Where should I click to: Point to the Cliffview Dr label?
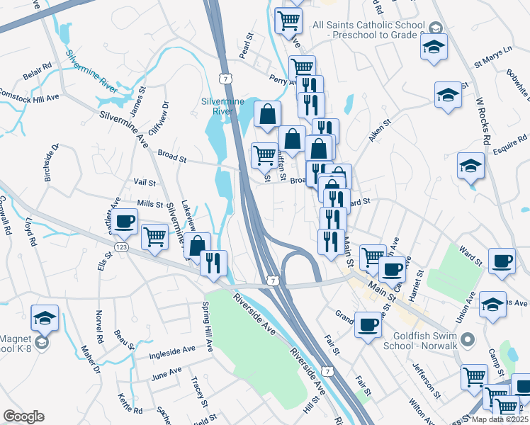[x=166, y=113]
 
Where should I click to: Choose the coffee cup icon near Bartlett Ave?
[x=125, y=222]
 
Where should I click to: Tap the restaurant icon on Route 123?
[x=213, y=263]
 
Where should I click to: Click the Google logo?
[x=23, y=416]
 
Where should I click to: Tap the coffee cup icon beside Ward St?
[x=502, y=261]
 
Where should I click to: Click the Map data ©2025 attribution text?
[x=500, y=419]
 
